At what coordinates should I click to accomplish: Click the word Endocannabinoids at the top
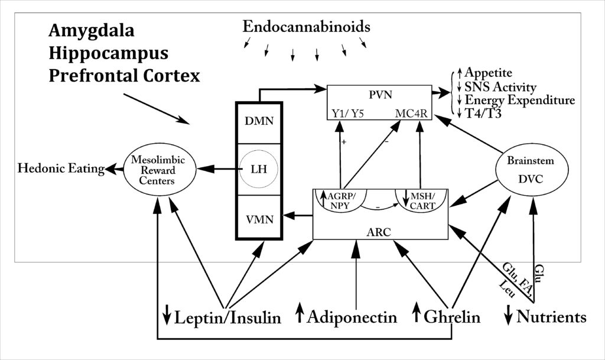[x=307, y=27]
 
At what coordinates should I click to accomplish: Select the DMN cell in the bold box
[x=259, y=123]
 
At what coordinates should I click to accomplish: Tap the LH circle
[x=259, y=170]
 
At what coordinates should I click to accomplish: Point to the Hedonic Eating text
[x=61, y=170]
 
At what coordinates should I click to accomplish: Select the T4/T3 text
[x=483, y=113]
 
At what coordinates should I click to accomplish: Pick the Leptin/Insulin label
[x=227, y=317]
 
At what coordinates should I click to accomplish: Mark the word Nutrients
[x=551, y=317]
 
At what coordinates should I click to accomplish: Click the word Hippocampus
[x=109, y=53]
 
